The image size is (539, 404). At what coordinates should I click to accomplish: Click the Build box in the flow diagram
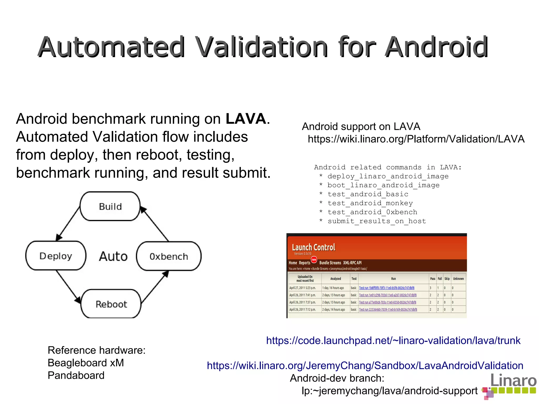pos(110,206)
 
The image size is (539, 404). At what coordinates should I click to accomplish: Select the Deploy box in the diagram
pos(56,256)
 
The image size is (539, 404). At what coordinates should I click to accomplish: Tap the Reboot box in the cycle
pos(111,304)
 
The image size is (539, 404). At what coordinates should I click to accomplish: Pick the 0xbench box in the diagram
pos(169,256)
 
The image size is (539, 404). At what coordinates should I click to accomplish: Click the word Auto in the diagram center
pos(113,256)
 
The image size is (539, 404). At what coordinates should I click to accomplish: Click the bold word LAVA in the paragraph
pos(246,119)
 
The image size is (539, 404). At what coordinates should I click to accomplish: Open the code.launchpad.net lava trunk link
pos(393,341)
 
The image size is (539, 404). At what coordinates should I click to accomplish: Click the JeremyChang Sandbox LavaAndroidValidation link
pos(365,366)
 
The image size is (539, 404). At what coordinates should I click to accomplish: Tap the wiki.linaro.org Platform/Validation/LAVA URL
pos(416,139)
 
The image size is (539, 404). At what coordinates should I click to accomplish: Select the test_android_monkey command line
pos(370,203)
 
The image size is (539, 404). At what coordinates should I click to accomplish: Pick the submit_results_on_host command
pos(377,221)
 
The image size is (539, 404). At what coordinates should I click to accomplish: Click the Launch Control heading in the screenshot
pos(313,248)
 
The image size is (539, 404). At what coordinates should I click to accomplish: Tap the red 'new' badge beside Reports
pos(314,260)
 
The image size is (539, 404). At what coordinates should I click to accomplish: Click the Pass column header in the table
pos(432,279)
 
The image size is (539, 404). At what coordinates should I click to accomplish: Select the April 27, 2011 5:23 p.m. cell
pos(302,288)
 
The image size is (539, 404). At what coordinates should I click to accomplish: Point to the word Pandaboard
pos(76,376)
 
